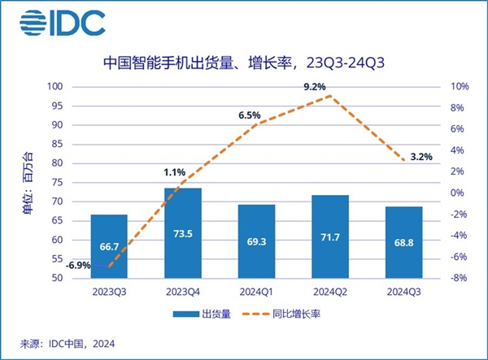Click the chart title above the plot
point(243,62)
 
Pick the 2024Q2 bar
point(330,236)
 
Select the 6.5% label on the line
point(249,116)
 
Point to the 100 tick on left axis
point(54,87)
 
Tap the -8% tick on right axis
point(458,278)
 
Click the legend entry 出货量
point(203,314)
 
